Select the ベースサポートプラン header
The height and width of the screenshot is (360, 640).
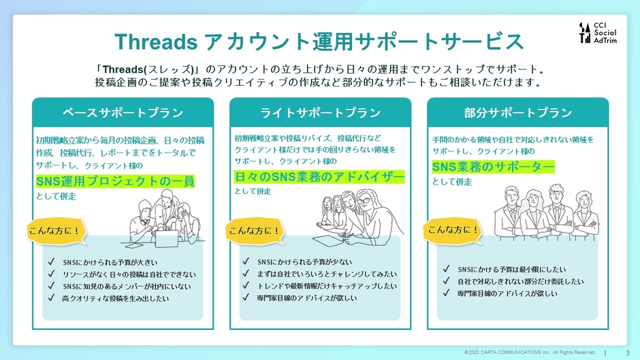coord(123,112)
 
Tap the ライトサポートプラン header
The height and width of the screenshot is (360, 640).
coord(320,112)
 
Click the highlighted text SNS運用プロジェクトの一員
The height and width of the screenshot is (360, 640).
coord(115,181)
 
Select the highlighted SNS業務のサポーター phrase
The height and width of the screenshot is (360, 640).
coord(493,166)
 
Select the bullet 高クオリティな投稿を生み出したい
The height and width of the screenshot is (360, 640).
coord(115,298)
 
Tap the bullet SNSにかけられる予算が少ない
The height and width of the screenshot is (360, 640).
coord(304,262)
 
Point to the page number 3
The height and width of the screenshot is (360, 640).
coord(626,352)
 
